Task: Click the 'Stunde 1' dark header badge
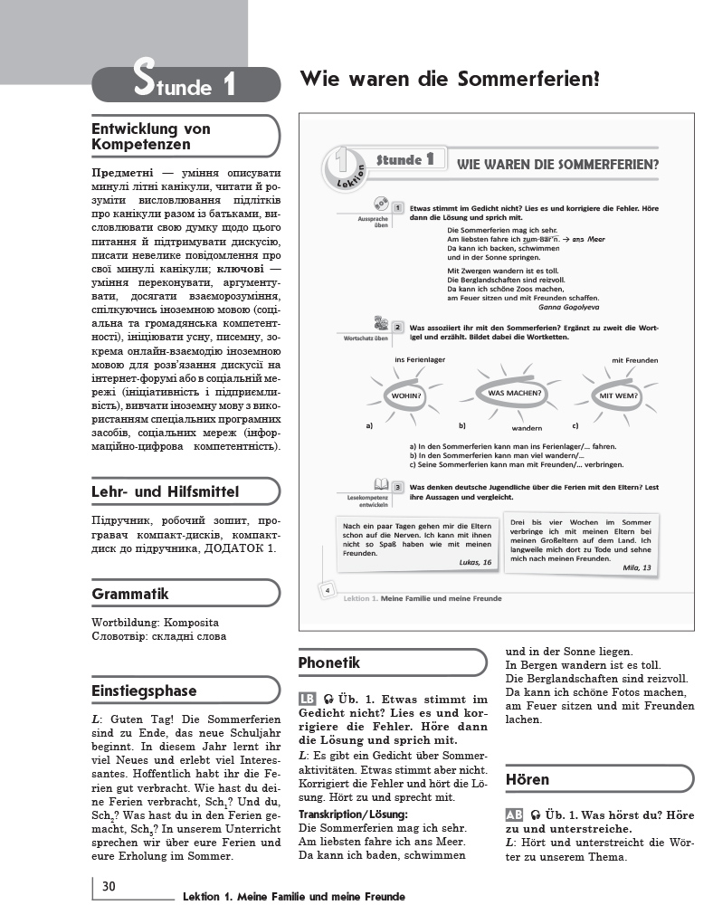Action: pos(185,84)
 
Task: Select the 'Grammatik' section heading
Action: pos(130,595)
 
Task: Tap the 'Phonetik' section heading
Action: pos(329,663)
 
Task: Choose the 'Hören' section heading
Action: pos(528,779)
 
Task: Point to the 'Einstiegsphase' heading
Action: pos(144,691)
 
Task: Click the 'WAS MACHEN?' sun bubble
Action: pos(515,394)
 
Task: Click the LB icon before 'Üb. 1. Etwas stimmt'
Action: pos(307,700)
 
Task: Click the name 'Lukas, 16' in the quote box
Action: pos(473,562)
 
